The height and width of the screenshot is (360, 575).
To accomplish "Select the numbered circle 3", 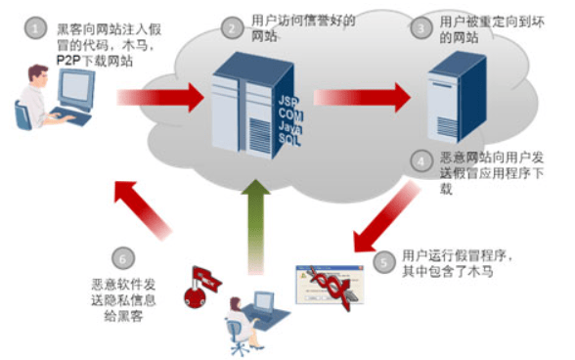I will point(420,29).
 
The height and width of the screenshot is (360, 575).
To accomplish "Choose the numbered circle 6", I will point(122,259).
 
